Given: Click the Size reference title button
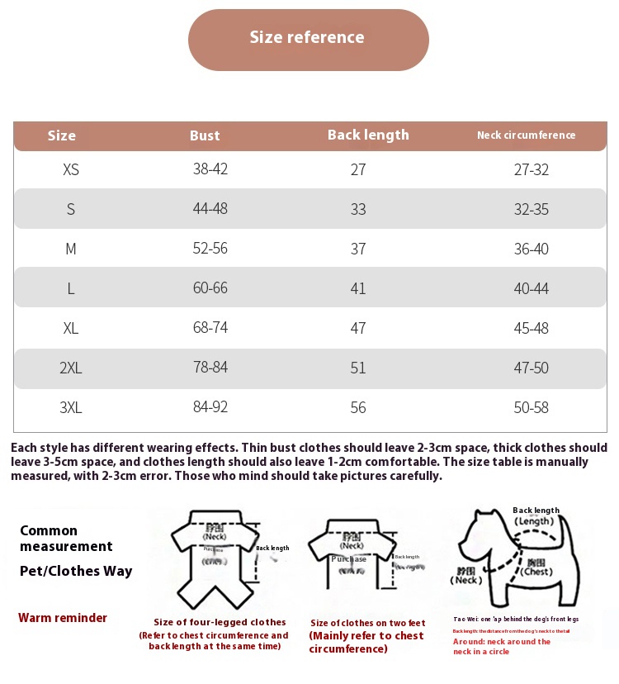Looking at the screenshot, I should (308, 38).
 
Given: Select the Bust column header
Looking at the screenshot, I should (205, 135).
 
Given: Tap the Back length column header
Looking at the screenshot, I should (368, 135).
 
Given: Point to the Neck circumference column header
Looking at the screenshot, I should (526, 135).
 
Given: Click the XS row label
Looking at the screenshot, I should (71, 169).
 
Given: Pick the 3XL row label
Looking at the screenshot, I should (71, 407).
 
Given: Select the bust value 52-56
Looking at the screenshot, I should (210, 249).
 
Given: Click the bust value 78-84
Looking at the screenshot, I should (210, 368).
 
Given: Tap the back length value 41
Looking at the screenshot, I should (358, 288).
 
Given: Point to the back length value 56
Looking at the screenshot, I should (358, 407).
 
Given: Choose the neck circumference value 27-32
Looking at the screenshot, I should (532, 169).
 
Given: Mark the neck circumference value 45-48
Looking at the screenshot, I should (532, 328).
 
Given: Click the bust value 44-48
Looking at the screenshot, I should (210, 209).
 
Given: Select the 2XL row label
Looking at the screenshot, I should (71, 368).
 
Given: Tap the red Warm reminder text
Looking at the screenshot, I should (63, 618).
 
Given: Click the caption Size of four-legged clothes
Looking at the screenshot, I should (220, 622).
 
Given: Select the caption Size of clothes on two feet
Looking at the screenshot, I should (368, 623).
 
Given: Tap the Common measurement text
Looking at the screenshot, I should (66, 539).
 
